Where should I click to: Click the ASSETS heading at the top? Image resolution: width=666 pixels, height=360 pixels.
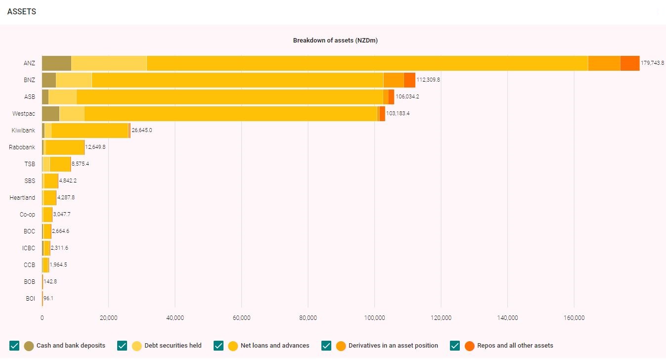coord(22,11)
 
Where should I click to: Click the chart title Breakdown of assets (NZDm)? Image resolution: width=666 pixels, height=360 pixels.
coord(335,41)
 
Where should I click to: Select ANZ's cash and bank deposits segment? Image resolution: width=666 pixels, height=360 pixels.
coord(56,63)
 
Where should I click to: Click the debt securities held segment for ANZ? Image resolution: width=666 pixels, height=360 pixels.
coord(109,63)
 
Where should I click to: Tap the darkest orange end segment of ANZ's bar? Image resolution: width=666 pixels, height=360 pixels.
coord(629,63)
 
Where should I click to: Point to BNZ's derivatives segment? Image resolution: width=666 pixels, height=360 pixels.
coord(394,80)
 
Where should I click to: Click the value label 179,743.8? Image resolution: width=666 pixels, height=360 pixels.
coord(652,63)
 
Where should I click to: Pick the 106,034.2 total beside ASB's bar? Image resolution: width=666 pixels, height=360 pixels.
coord(407,97)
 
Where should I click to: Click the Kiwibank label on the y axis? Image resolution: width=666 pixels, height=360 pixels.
coord(23,131)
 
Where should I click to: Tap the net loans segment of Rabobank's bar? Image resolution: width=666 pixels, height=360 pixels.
coord(65,147)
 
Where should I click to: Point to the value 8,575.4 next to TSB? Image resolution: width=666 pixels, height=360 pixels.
coord(80,164)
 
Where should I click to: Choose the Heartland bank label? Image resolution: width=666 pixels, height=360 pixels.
coord(22,198)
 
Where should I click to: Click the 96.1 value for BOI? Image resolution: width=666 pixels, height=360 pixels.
coord(48,299)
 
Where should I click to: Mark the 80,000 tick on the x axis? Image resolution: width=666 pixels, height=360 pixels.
coord(308,318)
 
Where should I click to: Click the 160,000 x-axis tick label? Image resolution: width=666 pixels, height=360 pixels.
coord(574,318)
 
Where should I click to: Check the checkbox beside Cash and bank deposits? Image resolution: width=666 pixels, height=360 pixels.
coord(14,346)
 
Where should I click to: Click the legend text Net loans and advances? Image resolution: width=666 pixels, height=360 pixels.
coord(275,346)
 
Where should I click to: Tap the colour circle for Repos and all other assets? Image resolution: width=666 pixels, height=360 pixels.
coord(469,346)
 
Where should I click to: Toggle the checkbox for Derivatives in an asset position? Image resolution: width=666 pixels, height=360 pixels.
coord(326,346)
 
